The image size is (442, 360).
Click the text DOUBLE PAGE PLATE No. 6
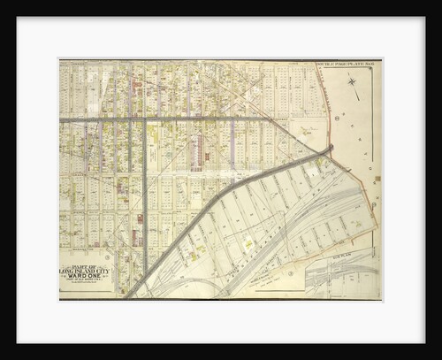(347, 65)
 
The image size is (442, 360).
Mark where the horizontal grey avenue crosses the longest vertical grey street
(145, 119)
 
